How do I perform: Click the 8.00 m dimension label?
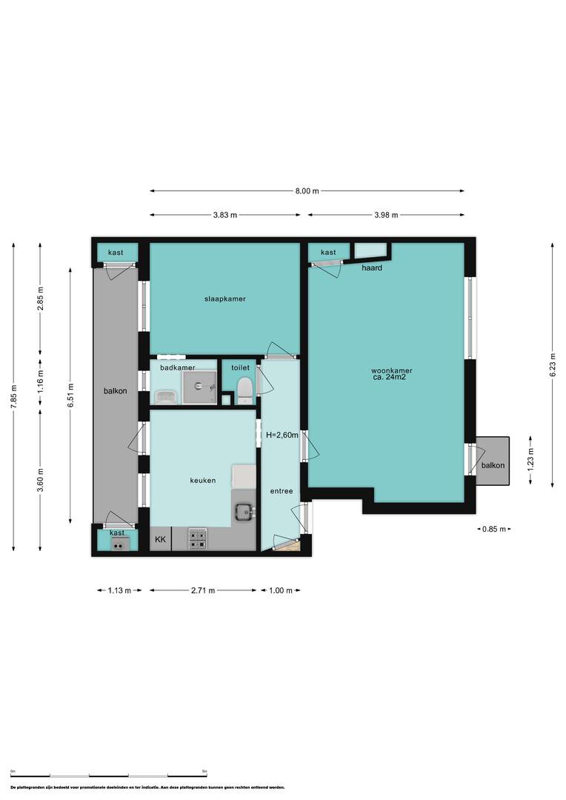coord(307,191)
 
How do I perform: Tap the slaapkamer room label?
coord(225,299)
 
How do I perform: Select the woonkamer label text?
coord(391,371)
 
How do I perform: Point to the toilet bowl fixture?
coord(245,390)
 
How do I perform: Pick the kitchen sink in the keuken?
coord(245,512)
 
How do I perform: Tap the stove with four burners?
coord(198,539)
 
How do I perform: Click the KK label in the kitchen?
coord(160,539)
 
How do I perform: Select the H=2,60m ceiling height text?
coord(282,436)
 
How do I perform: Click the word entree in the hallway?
coord(282,491)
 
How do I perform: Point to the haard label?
coord(372,268)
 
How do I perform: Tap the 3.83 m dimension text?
coord(225,216)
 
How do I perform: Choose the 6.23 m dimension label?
coord(553,364)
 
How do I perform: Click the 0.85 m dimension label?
coord(494,529)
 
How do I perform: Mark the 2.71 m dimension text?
coord(203,590)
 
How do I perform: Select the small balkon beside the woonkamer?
coord(493,461)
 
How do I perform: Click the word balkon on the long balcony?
coord(116,391)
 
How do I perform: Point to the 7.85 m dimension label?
coord(14,396)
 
